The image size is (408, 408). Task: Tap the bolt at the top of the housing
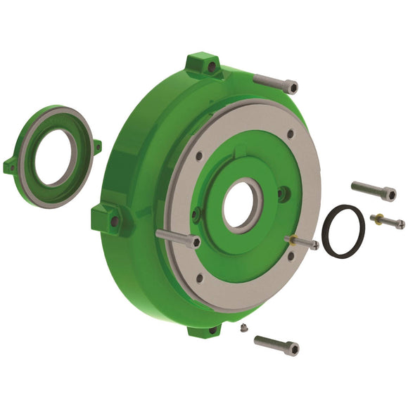click(x=275, y=82)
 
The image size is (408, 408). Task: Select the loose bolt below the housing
click(x=276, y=345)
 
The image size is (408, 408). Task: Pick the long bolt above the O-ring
click(x=373, y=191)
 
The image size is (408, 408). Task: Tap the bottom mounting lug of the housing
click(x=205, y=329)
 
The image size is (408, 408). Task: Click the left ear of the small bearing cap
click(x=11, y=167)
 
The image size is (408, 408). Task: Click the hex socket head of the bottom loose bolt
click(x=292, y=349)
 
